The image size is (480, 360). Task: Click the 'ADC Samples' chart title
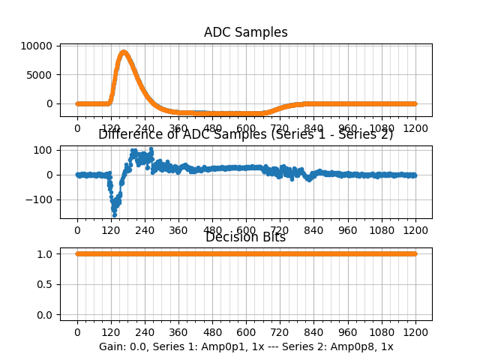click(x=246, y=32)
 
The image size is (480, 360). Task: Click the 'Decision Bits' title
click(x=246, y=238)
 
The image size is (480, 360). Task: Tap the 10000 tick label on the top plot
click(x=37, y=46)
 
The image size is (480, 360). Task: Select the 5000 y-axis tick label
click(x=40, y=74)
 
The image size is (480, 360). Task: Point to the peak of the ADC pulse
click(x=124, y=52)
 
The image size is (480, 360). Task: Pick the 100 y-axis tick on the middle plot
click(x=43, y=150)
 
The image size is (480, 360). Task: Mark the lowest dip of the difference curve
click(x=115, y=214)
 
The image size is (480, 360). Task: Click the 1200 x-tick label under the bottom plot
click(x=416, y=333)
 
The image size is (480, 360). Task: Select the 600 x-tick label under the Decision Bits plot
click(x=246, y=333)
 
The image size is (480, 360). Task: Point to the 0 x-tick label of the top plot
click(x=77, y=128)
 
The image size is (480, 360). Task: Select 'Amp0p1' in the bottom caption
click(x=220, y=347)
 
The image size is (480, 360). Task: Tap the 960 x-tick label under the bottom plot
click(x=348, y=333)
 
